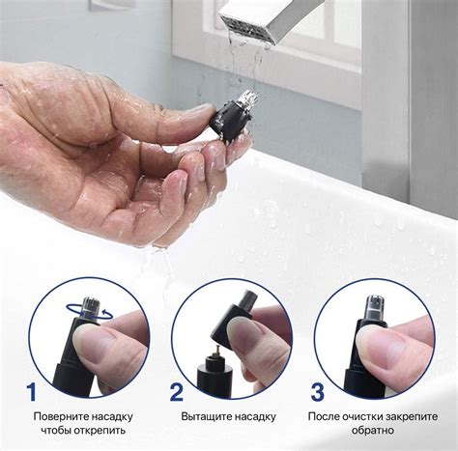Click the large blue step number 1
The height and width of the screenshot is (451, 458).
pos(32,391)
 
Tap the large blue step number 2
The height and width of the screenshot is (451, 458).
pos(177,392)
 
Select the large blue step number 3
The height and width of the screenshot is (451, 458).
pos(318,392)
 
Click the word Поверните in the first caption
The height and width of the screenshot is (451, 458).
pos(60,416)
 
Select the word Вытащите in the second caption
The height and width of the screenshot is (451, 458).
pos(206,416)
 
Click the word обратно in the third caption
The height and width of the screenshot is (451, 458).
pos(373,431)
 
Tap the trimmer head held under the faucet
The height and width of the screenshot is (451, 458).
pos(231,120)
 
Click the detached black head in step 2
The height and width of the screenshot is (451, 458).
pos(233,318)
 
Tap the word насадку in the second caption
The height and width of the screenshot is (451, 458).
pos(255,416)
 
